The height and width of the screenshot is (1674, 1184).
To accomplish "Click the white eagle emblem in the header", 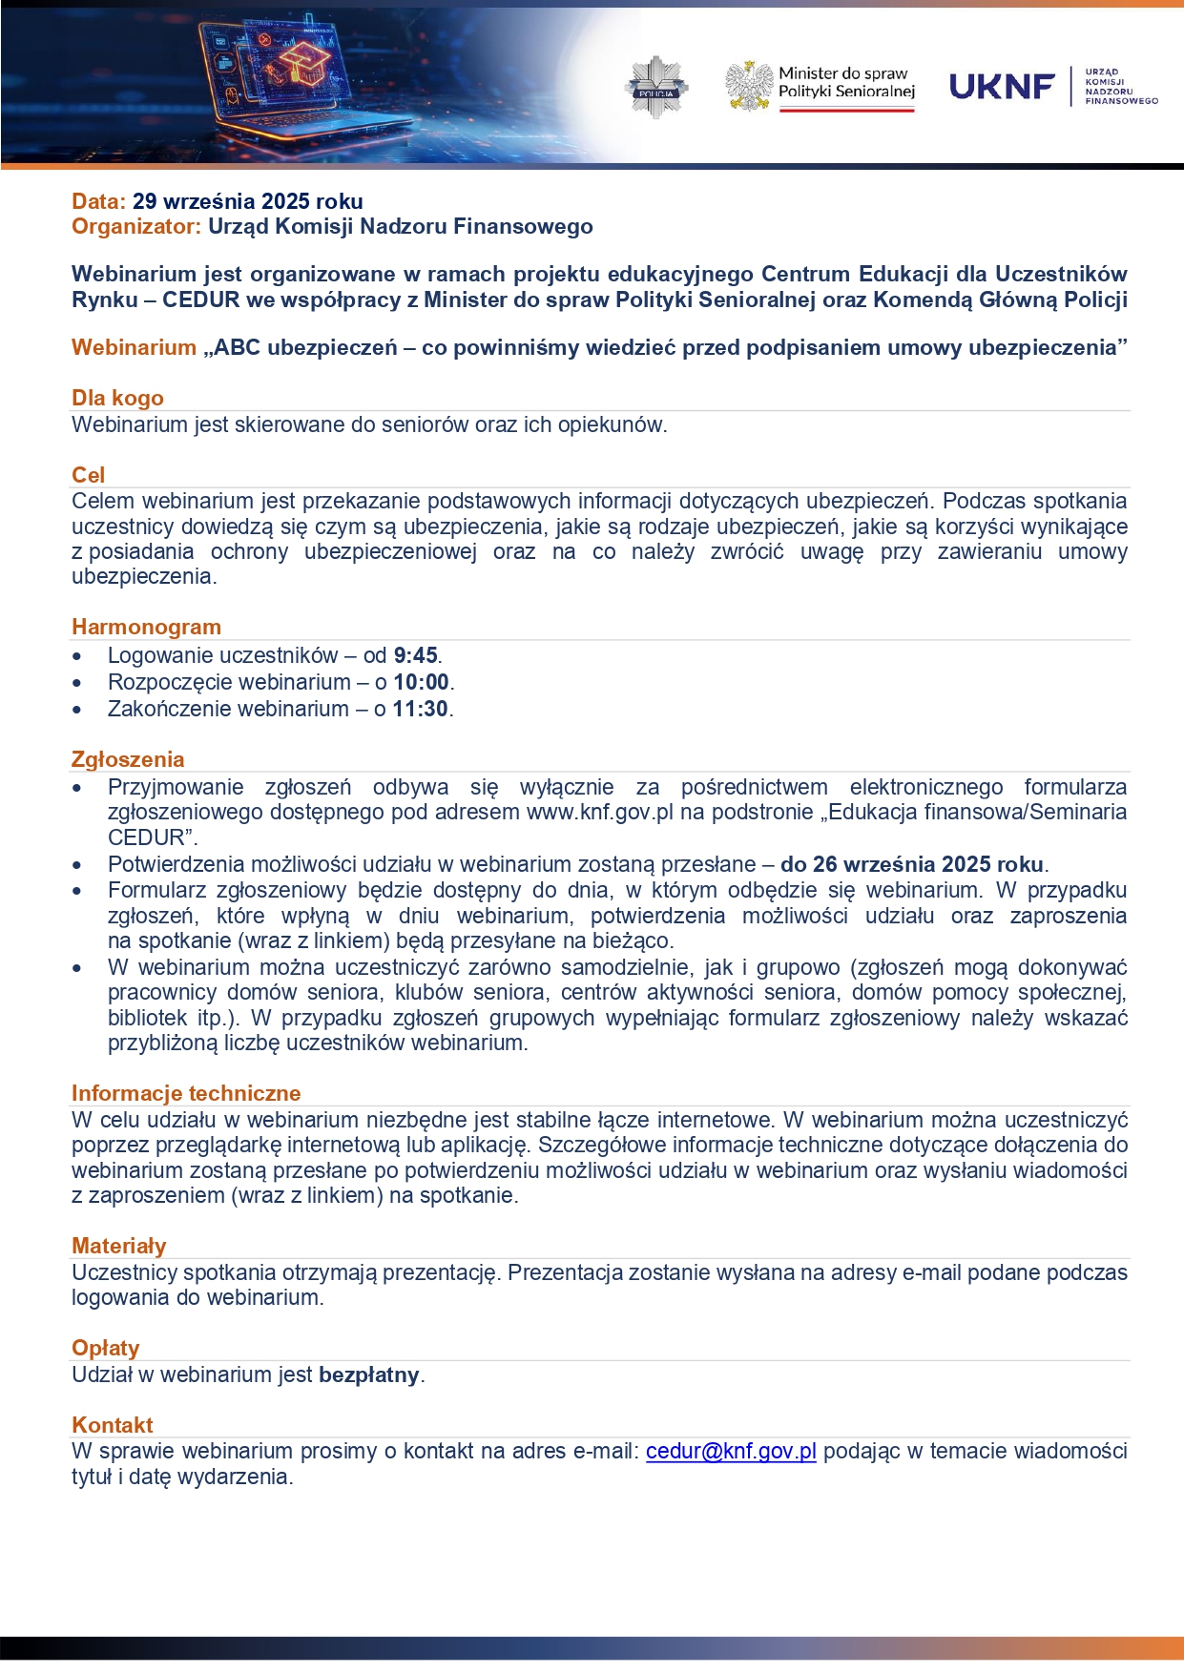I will (x=749, y=87).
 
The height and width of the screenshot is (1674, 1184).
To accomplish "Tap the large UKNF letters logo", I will (x=1003, y=87).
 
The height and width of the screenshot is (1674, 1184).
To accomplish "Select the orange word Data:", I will (x=98, y=201).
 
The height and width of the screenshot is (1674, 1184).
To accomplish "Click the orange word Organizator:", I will (x=136, y=227).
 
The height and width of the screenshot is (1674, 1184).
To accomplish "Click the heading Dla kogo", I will (x=117, y=399).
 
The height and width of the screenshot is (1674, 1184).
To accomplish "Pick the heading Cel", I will (x=88, y=475).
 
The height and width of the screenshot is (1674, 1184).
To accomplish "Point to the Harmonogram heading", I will (x=146, y=628).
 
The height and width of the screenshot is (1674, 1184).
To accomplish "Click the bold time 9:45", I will (x=415, y=656).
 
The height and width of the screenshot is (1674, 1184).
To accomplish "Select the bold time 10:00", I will (x=421, y=683).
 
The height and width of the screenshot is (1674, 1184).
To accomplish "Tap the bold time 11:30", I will (x=421, y=710).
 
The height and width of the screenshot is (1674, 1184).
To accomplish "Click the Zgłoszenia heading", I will (x=128, y=760).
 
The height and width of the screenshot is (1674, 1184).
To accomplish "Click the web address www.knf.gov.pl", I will (x=599, y=813).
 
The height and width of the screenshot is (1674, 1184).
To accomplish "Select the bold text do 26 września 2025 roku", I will (x=911, y=865).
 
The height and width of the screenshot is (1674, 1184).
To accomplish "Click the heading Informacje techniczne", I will (x=186, y=1094).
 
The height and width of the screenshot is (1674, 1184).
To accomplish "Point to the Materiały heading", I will (x=118, y=1247).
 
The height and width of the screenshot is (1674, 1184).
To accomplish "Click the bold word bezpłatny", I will (x=368, y=1375).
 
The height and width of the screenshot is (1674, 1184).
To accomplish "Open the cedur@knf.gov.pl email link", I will (x=731, y=1452).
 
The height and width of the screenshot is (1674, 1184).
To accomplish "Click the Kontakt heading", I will (x=112, y=1426).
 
